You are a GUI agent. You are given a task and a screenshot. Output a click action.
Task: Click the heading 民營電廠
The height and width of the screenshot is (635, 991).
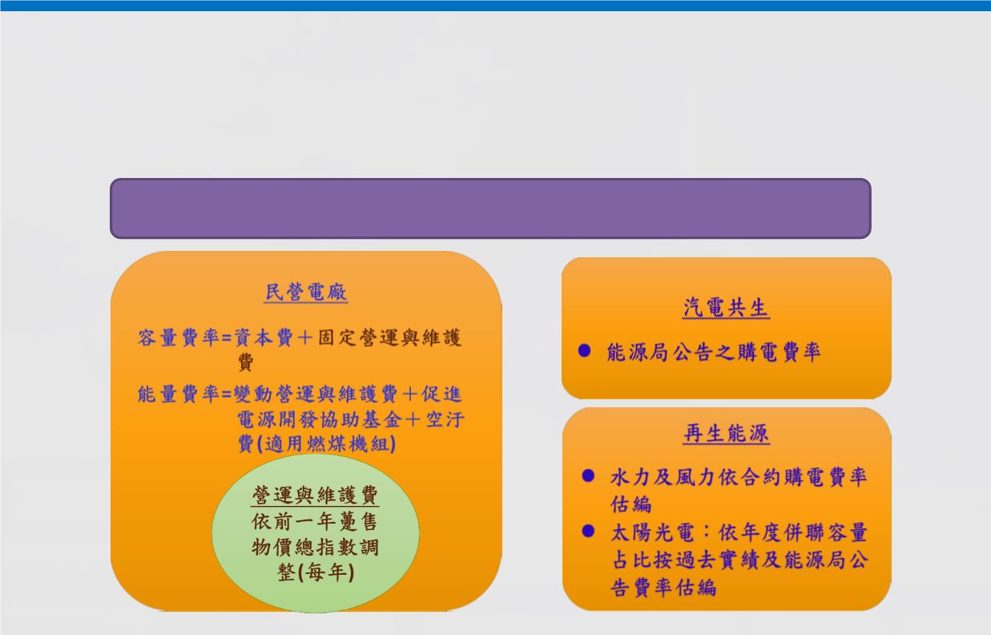[306, 293]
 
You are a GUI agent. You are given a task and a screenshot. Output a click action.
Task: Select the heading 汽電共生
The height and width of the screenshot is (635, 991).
[726, 307]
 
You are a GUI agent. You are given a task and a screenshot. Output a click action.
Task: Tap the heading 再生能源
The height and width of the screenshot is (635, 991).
[726, 433]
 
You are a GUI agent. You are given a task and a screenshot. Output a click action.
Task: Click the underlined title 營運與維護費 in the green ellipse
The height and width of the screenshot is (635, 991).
[315, 495]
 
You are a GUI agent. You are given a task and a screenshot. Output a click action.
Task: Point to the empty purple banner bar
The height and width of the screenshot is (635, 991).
[490, 208]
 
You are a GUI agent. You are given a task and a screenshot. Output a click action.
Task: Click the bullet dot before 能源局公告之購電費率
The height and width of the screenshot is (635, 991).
[584, 350]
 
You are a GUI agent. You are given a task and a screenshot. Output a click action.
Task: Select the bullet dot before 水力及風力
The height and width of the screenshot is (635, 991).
[588, 475]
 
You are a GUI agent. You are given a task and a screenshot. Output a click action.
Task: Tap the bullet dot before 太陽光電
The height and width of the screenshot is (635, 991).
[588, 531]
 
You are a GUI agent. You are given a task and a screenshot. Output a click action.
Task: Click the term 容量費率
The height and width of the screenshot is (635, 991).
[179, 338]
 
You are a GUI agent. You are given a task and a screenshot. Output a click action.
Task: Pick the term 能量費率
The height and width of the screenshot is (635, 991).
[179, 394]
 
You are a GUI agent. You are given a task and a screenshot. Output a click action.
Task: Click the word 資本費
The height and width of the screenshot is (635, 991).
[264, 338]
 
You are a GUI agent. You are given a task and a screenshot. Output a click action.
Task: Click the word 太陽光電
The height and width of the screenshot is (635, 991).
[651, 532]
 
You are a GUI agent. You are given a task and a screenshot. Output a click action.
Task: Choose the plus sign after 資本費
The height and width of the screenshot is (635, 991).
[305, 338]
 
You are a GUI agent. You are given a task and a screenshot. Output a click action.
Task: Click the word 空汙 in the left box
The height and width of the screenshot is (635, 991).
[445, 419]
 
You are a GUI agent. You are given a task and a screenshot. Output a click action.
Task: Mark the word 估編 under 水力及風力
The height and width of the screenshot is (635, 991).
[630, 504]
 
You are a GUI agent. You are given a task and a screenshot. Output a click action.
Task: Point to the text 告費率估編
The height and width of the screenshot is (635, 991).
[663, 587]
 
